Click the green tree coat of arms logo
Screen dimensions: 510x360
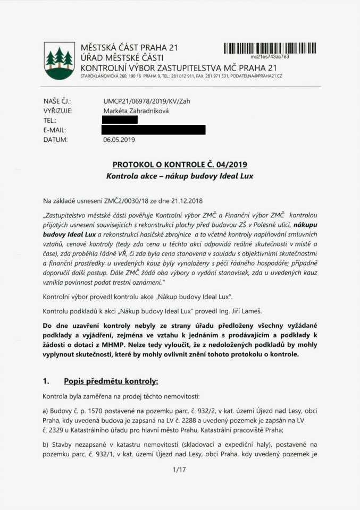(x=59, y=61)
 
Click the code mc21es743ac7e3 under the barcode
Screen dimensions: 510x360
(x=270, y=56)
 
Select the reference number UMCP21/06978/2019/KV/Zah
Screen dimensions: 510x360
(x=146, y=101)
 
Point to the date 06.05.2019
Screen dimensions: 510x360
(x=119, y=140)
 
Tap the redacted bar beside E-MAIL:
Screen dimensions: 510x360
(x=154, y=130)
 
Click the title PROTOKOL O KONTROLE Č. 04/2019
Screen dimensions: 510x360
(x=179, y=165)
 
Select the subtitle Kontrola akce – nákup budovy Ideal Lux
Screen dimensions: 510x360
(x=179, y=175)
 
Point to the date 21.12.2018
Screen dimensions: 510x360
(x=187, y=200)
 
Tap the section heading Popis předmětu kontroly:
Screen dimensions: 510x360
(x=111, y=381)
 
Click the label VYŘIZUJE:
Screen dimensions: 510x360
(x=58, y=110)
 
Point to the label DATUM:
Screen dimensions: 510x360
(x=55, y=140)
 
